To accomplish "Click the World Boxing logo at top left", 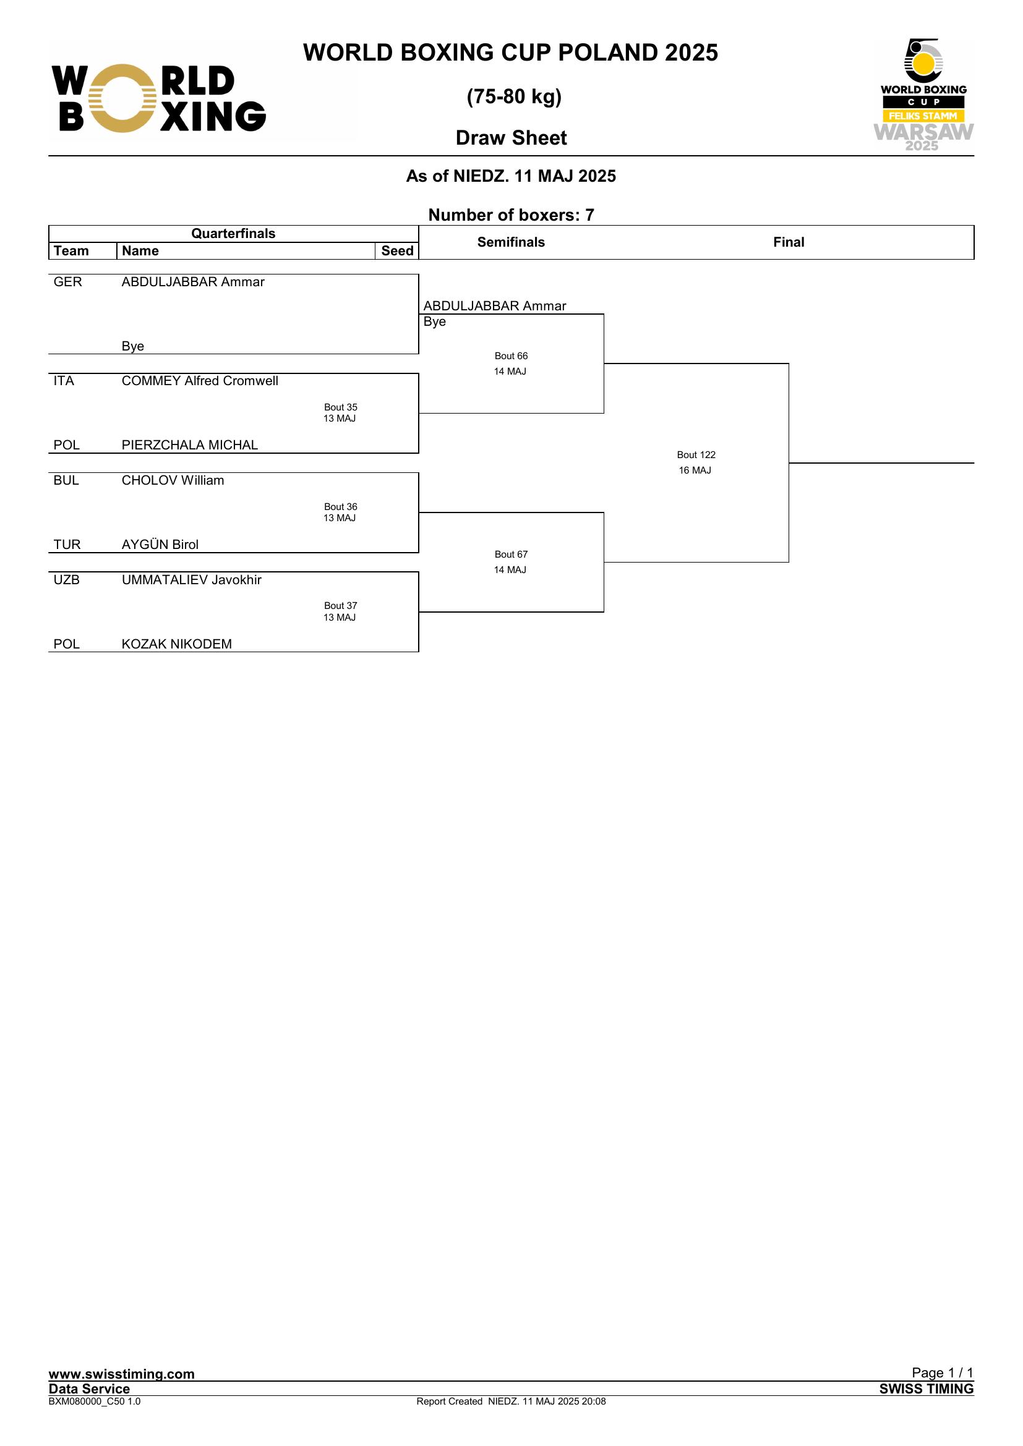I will tap(159, 98).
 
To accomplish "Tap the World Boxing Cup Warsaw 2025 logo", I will tap(923, 95).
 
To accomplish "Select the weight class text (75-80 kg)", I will tap(514, 96).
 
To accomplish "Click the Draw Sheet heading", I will tap(511, 138).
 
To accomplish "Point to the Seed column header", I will tap(397, 250).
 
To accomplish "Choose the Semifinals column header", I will tap(511, 242).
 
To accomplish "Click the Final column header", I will tap(789, 242).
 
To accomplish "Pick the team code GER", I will tap(67, 281).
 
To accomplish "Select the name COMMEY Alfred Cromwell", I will tap(200, 380).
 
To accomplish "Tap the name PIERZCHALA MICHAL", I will tap(190, 444).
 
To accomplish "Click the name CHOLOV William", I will tap(173, 480).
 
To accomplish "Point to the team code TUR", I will tap(67, 544).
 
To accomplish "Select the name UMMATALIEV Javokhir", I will tap(192, 579).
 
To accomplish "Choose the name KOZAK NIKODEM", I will tap(176, 644).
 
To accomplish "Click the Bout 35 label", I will tap(341, 407).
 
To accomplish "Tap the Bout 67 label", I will tap(511, 554).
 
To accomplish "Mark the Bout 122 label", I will tap(696, 455).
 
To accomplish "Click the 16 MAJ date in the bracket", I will tap(695, 470).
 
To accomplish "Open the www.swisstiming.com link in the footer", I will tap(122, 1374).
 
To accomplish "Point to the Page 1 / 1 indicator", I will tap(943, 1372).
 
